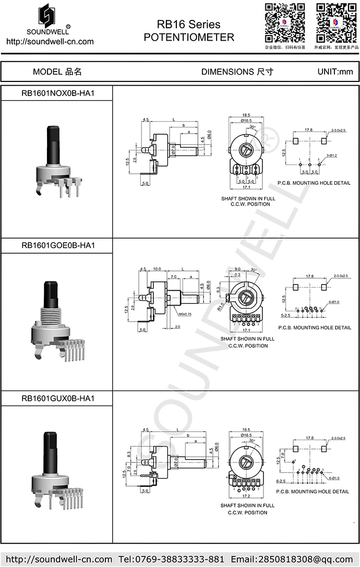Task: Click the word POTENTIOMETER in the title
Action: (x=189, y=38)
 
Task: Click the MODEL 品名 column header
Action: (x=57, y=72)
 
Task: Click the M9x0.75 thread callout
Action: (x=185, y=314)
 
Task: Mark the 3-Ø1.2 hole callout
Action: (x=332, y=156)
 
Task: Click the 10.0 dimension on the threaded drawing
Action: (x=157, y=269)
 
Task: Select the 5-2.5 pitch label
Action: (x=285, y=316)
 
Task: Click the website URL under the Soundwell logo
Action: (x=50, y=41)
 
